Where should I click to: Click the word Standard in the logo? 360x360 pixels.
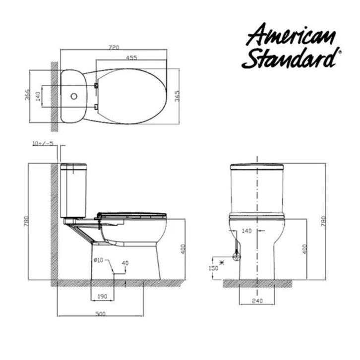click(291, 58)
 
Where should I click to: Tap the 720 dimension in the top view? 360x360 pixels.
click(114, 47)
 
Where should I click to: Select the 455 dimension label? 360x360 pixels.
click(131, 58)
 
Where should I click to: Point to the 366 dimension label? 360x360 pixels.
click(27, 95)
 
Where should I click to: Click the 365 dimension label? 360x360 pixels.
click(177, 96)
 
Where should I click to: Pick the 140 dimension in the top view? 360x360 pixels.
click(38, 96)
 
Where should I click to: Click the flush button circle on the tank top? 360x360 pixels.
click(74, 96)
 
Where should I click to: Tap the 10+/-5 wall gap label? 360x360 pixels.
click(43, 143)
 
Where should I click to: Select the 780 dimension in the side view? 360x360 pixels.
click(26, 221)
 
